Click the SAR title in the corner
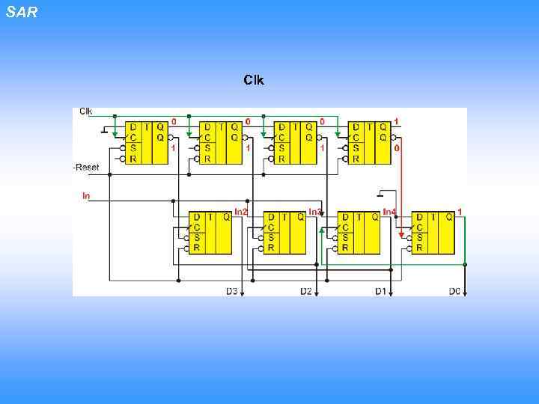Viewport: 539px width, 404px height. pyautogui.click(x=21, y=12)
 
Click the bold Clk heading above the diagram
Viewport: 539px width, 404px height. pyautogui.click(x=253, y=79)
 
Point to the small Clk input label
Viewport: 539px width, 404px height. pyautogui.click(x=86, y=111)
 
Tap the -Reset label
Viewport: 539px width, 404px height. pyautogui.click(x=86, y=167)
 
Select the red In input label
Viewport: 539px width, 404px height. pyautogui.click(x=86, y=196)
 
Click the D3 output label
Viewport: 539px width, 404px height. pyautogui.click(x=231, y=291)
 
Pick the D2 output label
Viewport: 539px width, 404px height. pyautogui.click(x=305, y=291)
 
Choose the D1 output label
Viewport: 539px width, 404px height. pyautogui.click(x=380, y=291)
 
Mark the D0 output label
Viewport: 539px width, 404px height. pyautogui.click(x=454, y=291)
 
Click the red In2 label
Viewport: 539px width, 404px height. pyautogui.click(x=241, y=212)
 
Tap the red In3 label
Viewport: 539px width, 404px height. pyautogui.click(x=315, y=212)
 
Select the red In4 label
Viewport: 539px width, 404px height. pyautogui.click(x=390, y=212)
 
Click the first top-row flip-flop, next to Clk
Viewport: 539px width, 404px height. pyautogui.click(x=146, y=143)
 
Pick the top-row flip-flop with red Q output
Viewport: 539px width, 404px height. pyautogui.click(x=370, y=143)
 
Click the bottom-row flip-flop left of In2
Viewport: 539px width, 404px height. pyautogui.click(x=210, y=233)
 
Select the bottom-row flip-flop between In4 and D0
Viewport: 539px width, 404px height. pyautogui.click(x=433, y=233)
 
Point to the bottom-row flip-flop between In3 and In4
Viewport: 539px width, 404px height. pyautogui.click(x=359, y=233)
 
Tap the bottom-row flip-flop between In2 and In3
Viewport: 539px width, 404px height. pyautogui.click(x=284, y=233)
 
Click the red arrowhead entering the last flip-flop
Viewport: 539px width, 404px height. pyautogui.click(x=401, y=235)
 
